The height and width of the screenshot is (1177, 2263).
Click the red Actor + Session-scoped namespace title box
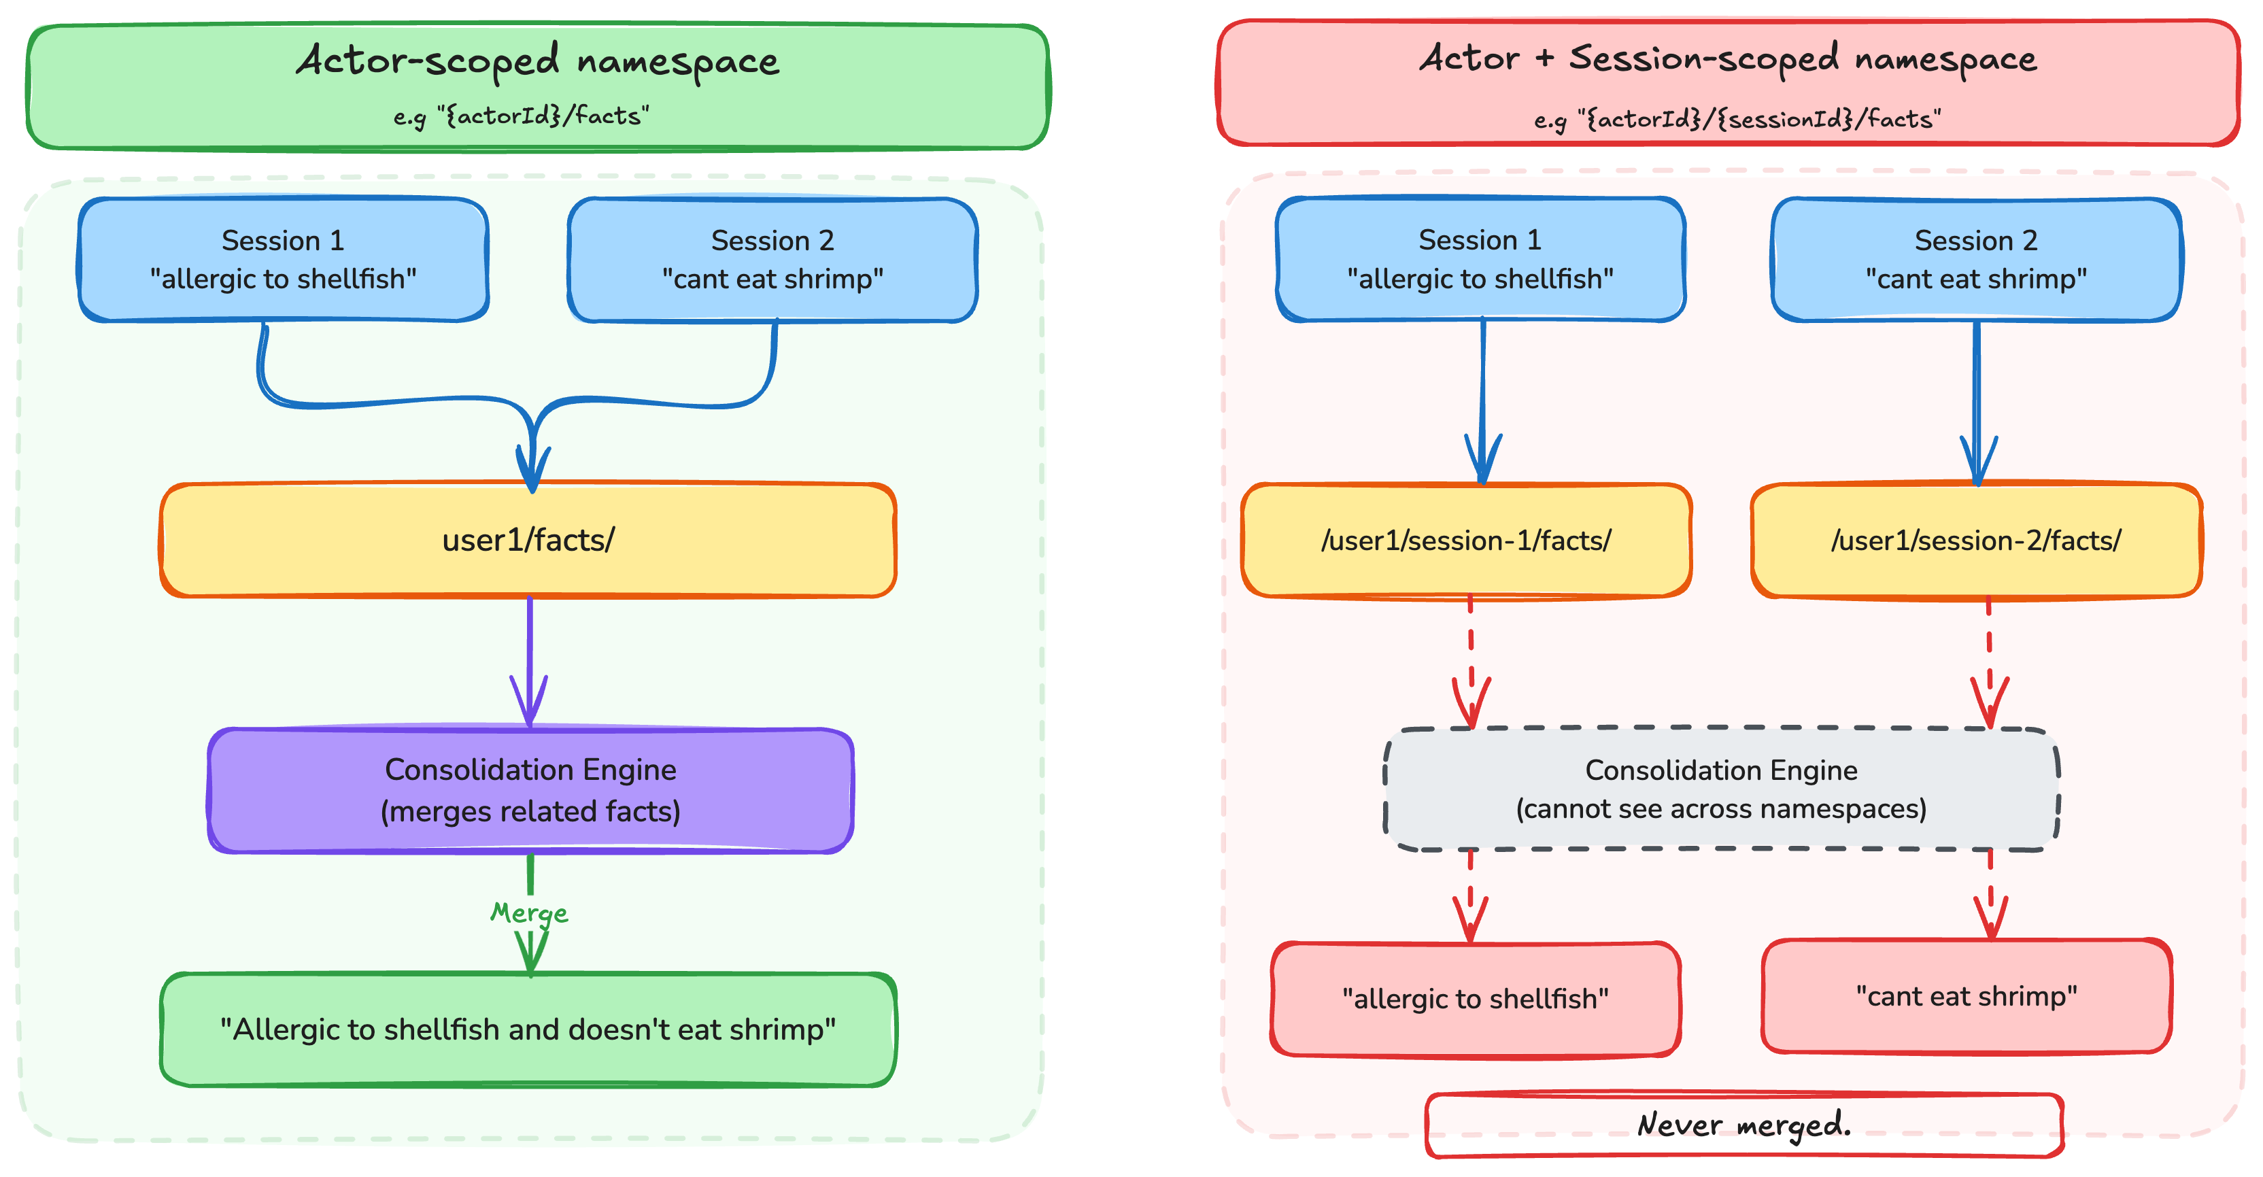click(1727, 84)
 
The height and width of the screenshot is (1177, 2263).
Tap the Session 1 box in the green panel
click(283, 259)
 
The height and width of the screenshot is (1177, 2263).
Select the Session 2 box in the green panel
click(772, 259)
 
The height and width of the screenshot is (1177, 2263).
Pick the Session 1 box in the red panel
click(1480, 259)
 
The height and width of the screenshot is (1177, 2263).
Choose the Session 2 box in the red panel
click(1976, 259)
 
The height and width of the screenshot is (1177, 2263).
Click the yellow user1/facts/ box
click(528, 540)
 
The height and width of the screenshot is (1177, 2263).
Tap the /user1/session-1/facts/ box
click(1465, 540)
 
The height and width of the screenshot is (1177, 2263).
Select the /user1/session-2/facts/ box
click(1976, 540)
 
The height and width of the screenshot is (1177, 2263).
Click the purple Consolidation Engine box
click(530, 789)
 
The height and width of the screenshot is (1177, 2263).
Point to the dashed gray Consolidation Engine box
click(1721, 789)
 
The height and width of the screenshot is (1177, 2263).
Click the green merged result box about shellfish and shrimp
click(528, 1029)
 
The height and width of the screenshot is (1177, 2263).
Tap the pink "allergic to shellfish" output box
click(1475, 999)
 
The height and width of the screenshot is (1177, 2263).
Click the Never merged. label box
click(1743, 1124)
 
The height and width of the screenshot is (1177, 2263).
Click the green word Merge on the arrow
click(529, 912)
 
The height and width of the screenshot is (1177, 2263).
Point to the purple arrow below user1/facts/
click(529, 659)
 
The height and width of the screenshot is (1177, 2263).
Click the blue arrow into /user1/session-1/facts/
click(1483, 395)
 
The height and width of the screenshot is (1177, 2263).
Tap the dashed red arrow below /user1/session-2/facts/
click(1990, 659)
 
